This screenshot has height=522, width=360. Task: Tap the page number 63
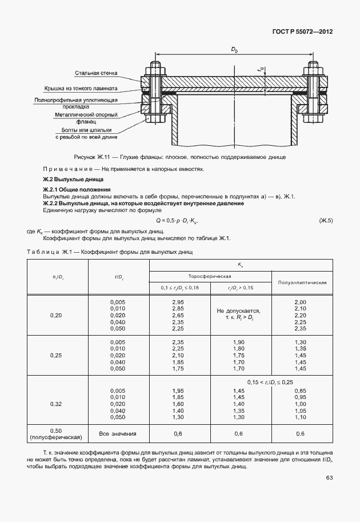tap(329, 479)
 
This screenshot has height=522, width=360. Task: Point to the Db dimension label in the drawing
tap(234, 50)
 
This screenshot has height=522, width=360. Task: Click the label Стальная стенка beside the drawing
tap(96, 73)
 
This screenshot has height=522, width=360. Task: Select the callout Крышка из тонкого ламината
tap(81, 89)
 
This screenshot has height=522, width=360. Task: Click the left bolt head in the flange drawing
tap(155, 71)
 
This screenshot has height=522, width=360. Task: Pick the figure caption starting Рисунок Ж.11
tap(180, 157)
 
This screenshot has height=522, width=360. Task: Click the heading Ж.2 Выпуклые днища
tap(63, 180)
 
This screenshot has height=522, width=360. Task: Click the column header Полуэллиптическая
tap(302, 282)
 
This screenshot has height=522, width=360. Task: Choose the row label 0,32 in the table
tap(56, 404)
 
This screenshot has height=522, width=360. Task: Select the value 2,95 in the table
tap(178, 301)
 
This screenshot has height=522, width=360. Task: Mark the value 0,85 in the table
tap(301, 390)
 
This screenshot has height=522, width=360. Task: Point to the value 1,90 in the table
tap(239, 341)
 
